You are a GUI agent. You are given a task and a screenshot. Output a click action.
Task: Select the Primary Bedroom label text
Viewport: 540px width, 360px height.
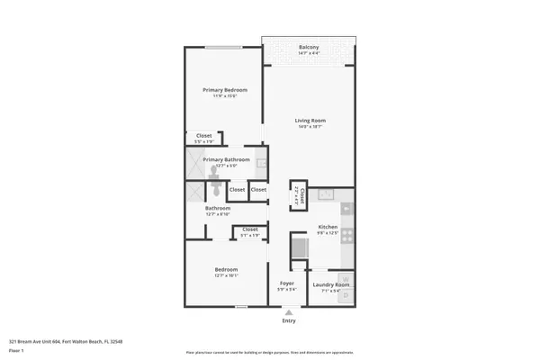(x=224, y=90)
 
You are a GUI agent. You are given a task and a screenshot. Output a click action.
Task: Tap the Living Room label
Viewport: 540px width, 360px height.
(x=310, y=121)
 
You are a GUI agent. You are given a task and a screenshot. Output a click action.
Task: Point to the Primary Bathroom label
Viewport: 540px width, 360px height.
(x=226, y=159)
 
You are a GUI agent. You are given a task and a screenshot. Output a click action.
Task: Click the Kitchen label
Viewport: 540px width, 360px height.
(x=328, y=227)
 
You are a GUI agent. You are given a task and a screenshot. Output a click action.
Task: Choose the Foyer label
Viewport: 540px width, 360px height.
(x=287, y=283)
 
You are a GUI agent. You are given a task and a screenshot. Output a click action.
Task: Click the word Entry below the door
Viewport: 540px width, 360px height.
(x=288, y=320)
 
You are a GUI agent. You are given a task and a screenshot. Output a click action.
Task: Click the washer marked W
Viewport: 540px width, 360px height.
(x=345, y=278)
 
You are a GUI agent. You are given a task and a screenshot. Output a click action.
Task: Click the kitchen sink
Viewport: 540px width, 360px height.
(x=328, y=193)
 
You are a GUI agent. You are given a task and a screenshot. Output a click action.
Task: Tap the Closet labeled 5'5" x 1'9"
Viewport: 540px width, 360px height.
(x=204, y=136)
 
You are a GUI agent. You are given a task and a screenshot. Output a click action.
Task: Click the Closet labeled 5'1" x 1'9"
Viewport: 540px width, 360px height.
(x=250, y=229)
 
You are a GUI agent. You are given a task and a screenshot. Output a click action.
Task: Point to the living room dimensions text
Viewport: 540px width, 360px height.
(x=310, y=127)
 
